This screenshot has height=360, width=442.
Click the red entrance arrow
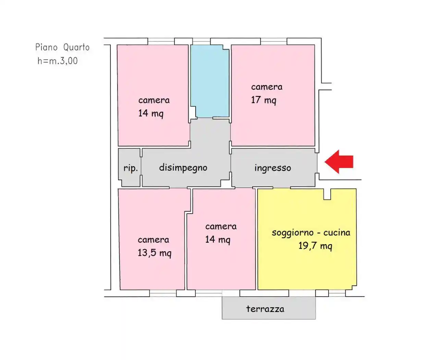coord(339,161)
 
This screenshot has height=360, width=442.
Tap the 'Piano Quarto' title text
coord(62,47)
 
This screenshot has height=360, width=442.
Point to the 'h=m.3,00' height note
coord(58,61)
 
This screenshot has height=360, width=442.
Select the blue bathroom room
coord(210,81)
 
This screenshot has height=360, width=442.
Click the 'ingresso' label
coord(273,168)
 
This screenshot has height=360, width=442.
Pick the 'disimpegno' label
coord(183,168)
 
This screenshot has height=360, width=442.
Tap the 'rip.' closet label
coord(131,168)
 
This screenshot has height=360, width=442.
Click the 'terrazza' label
coord(265,309)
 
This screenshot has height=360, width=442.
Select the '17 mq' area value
coord(263,100)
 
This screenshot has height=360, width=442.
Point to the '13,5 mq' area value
coord(155,253)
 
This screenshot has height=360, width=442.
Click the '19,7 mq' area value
coord(315,246)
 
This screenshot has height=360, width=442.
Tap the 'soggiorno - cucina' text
coord(311,233)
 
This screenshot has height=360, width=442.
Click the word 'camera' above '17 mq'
coord(267,87)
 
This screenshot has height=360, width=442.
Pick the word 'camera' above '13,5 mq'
coord(154,240)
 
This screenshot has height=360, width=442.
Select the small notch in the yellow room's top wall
coord(327,194)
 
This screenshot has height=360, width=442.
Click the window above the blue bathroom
coord(201,41)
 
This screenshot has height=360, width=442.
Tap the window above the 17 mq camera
coord(273,41)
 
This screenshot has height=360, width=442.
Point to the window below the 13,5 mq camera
coord(163,293)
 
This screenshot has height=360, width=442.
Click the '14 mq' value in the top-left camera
coord(151,113)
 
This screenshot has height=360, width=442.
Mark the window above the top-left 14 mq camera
coord(161,41)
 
